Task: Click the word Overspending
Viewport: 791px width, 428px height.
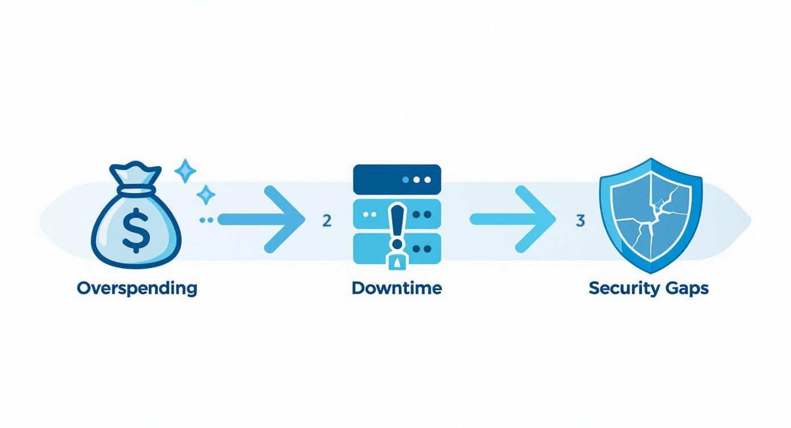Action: pyautogui.click(x=137, y=288)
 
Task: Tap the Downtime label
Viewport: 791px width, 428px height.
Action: pyautogui.click(x=397, y=288)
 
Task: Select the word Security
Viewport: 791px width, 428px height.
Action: pyautogui.click(x=624, y=289)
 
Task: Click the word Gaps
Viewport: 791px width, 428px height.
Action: pyautogui.click(x=686, y=289)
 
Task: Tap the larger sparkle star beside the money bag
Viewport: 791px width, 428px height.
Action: pyautogui.click(x=184, y=171)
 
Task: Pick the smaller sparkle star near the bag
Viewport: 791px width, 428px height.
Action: pyautogui.click(x=206, y=195)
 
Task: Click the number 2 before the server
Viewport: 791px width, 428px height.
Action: pyautogui.click(x=326, y=221)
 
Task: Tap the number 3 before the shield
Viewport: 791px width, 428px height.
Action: pyautogui.click(x=580, y=221)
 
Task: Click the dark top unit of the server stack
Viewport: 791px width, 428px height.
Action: pyautogui.click(x=397, y=179)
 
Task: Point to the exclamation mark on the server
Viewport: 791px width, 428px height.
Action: pyautogui.click(x=396, y=228)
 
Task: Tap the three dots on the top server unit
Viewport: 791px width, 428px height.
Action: pyautogui.click(x=417, y=179)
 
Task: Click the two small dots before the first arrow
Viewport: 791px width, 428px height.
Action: pyautogui.click(x=206, y=219)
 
